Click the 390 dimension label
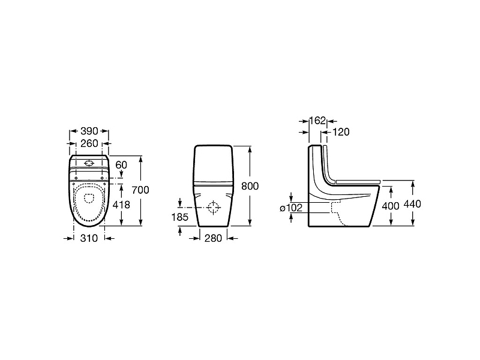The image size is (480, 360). click(89, 131)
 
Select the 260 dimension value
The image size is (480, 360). click(89, 143)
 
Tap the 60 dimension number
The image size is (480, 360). click(121, 165)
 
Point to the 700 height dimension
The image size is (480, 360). click(140, 190)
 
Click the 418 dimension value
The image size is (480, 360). click(121, 205)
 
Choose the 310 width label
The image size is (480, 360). click(89, 238)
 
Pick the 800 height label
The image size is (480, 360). click(250, 186)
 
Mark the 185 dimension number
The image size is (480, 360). click(179, 217)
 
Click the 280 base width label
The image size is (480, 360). click(213, 238)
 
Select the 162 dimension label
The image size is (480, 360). click(317, 121)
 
